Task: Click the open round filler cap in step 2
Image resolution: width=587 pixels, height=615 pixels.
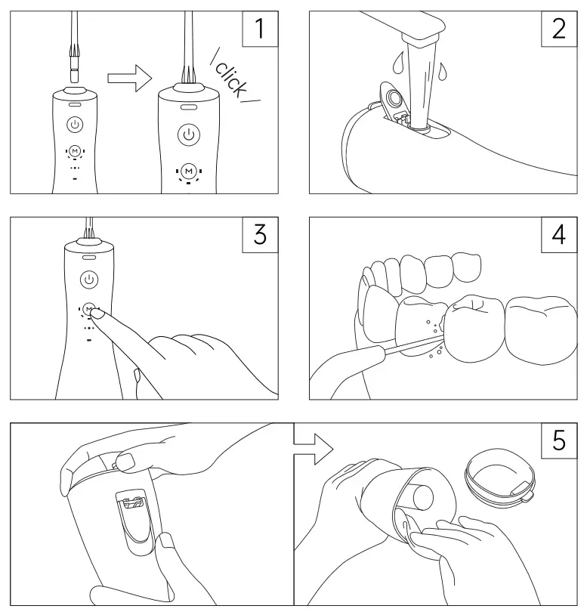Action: [392, 97]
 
